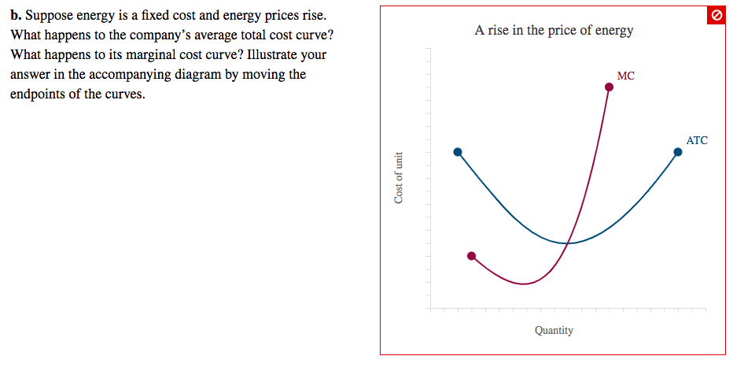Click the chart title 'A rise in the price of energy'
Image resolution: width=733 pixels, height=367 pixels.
pos(554,31)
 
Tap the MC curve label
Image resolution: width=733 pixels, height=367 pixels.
pos(625,76)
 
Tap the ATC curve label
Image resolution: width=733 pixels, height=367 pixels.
pos(696,141)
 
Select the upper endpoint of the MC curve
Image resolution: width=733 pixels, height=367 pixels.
pos(609,87)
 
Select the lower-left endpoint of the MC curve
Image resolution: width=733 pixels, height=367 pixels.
pos(471,256)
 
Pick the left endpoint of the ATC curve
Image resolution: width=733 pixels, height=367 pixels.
pos(458,152)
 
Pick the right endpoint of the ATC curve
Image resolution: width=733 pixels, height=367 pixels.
pos(677,153)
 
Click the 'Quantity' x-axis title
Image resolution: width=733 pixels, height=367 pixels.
pos(554,331)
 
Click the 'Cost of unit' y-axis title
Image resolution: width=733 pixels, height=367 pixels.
pos(400,177)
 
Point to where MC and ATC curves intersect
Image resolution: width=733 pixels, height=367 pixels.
pos(567,243)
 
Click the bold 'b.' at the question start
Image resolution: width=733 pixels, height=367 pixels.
pos(17,16)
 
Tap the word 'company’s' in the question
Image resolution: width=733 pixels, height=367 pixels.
pos(154,35)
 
